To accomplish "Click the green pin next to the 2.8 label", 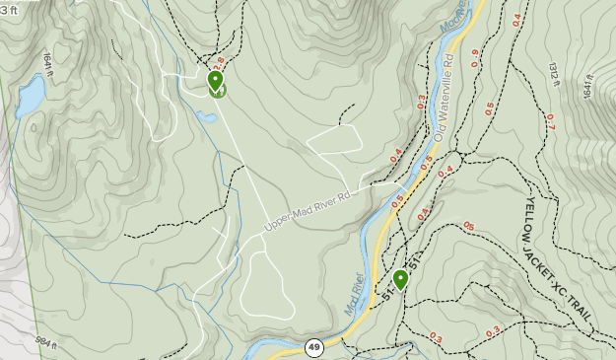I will pos(216,82).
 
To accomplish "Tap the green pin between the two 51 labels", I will pos(400,281).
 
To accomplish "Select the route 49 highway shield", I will pos(313,347).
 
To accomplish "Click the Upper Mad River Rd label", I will pos(308,212).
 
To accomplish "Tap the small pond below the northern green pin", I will pos(206,116).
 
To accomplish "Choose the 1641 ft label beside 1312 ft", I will pos(588,89).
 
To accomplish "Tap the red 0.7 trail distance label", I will pos(550,122).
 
